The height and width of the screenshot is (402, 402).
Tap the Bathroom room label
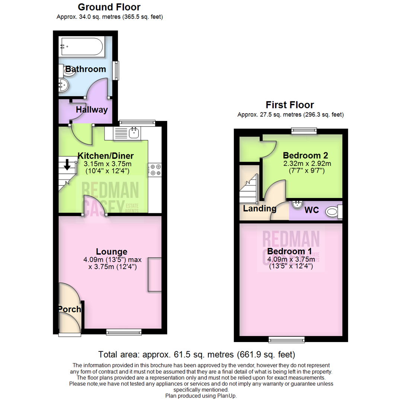(86, 69)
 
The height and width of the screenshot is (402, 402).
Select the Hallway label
(92, 110)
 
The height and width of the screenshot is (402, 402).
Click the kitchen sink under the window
(134, 133)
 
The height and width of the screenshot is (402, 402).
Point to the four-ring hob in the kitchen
(154, 170)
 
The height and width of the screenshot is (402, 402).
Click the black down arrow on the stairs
(67, 164)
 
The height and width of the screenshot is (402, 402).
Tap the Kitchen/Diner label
(105, 156)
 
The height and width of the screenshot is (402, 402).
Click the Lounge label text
(112, 252)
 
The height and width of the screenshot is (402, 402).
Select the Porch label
(69, 309)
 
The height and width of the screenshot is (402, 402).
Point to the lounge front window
(124, 331)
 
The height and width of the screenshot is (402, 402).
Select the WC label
(312, 210)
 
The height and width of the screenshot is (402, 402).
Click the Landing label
(259, 208)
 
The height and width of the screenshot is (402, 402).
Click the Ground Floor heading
(109, 7)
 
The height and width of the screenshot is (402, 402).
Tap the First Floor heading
(290, 105)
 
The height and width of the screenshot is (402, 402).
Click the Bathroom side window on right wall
(117, 70)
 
